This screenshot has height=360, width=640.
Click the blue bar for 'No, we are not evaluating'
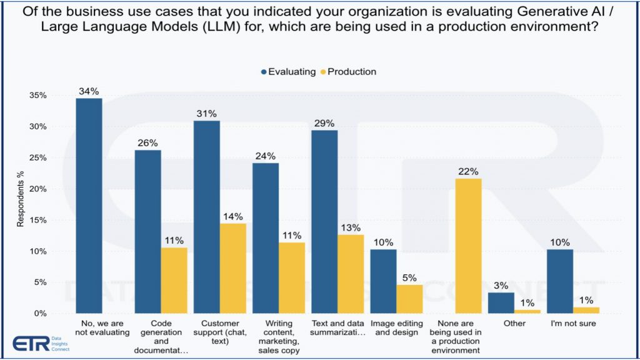pyautogui.click(x=89, y=206)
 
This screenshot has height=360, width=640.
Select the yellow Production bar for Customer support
pyautogui.click(x=232, y=268)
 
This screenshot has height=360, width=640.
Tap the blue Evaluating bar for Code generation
pyautogui.click(x=148, y=231)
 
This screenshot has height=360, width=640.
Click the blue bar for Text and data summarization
pyautogui.click(x=324, y=221)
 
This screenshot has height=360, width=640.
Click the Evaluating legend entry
pyautogui.click(x=288, y=71)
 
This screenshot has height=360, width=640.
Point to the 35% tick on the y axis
pyautogui.click(x=38, y=96)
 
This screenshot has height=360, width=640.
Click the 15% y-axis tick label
pyautogui.click(x=38, y=220)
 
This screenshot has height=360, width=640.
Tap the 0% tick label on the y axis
pyautogui.click(x=41, y=313)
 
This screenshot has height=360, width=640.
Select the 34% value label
pyautogui.click(x=89, y=91)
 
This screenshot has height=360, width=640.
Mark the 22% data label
pyautogui.click(x=468, y=171)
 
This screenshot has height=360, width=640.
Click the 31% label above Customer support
pyautogui.click(x=206, y=114)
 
